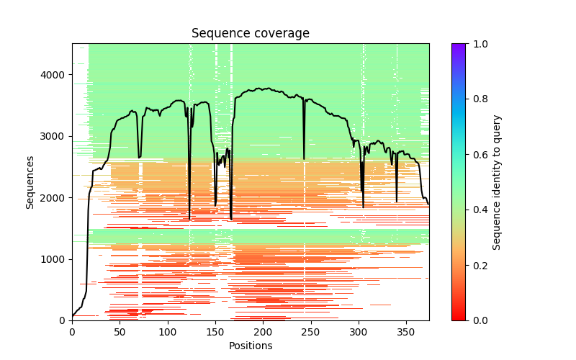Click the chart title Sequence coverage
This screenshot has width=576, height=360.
coord(250,34)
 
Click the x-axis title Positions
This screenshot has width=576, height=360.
coord(250,346)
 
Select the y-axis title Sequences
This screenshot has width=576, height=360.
coord(30,182)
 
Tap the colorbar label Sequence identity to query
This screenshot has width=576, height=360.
coord(497,182)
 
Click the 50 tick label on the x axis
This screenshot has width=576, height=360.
coord(120,331)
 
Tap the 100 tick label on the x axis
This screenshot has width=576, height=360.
coord(167,331)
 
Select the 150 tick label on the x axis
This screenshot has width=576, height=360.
coord(215,331)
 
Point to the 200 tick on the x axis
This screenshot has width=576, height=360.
coord(262,331)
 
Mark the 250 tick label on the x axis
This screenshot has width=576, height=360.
coord(310,331)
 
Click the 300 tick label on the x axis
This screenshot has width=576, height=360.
coord(358,331)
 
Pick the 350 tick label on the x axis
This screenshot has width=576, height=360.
coord(405,331)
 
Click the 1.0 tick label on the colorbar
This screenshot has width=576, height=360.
coord(480,44)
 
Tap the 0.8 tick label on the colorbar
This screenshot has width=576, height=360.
coord(480,99)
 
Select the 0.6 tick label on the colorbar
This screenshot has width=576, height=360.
coord(480,155)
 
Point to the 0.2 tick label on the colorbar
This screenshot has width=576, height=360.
coord(480,265)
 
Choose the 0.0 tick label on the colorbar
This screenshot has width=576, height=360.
coord(480,320)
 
